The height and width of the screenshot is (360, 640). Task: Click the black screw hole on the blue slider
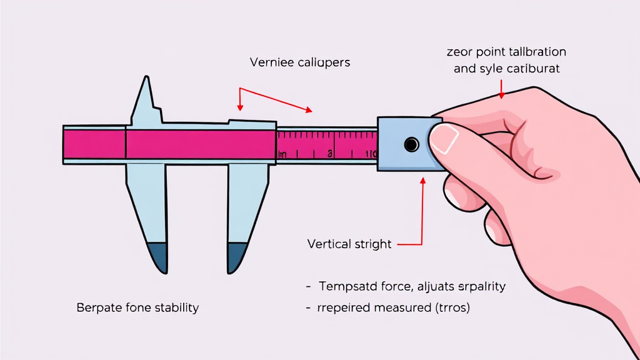point(411,145)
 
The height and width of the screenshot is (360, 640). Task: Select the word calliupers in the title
point(321,62)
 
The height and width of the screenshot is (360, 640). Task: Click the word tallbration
point(536,51)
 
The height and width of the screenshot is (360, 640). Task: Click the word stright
point(372,244)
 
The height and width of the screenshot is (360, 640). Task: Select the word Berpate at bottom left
point(97,307)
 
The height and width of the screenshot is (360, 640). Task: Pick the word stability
point(174,307)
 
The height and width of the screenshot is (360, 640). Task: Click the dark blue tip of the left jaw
point(157,256)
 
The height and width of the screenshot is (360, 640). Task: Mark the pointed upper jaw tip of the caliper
point(147,80)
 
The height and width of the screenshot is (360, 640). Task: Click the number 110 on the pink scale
point(371,154)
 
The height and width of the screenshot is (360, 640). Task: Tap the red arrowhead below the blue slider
point(423,181)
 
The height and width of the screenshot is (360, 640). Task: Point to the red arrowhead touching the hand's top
point(501,96)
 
